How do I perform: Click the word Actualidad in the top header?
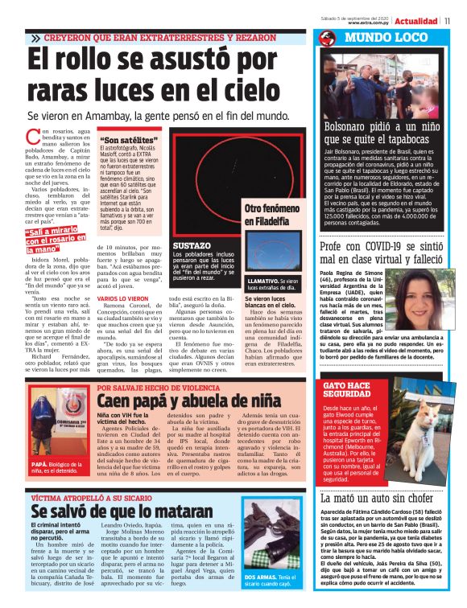click(416, 21)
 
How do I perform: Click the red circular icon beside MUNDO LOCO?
click(327, 38)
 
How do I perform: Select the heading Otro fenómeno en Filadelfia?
click(275, 215)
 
